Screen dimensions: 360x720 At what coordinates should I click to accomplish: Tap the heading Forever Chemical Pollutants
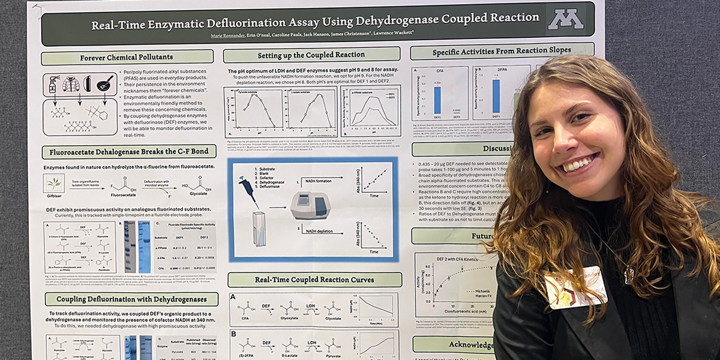pyautogui.click(x=127, y=58)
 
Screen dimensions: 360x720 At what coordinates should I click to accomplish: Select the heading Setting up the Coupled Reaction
pyautogui.click(x=311, y=55)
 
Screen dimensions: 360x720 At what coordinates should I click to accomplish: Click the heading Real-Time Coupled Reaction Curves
pyautogui.click(x=314, y=280)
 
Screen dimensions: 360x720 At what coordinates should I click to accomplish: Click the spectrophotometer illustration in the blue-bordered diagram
pyautogui.click(x=310, y=205)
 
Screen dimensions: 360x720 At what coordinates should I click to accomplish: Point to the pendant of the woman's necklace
pyautogui.click(x=628, y=275)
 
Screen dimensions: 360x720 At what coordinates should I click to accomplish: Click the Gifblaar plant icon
pyautogui.click(x=53, y=182)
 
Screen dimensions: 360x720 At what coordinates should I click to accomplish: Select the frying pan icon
pyautogui.click(x=105, y=83)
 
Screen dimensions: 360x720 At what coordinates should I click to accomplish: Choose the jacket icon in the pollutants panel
pyautogui.click(x=71, y=84)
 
